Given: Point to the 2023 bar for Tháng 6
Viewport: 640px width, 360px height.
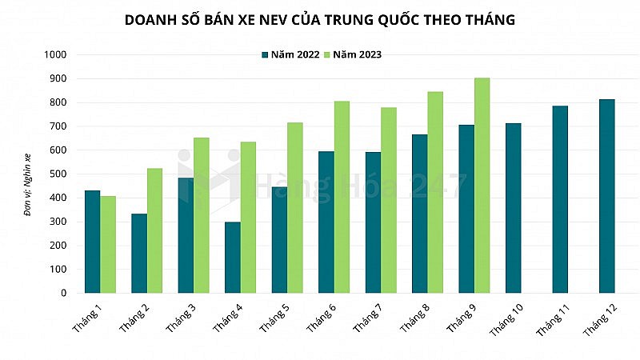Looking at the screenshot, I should point(342,197).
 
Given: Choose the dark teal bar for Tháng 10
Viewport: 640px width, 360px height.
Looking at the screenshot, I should point(514,208).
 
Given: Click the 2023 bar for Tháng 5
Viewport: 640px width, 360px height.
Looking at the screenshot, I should point(294,207).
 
